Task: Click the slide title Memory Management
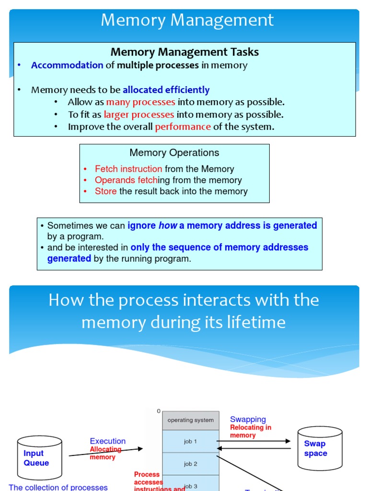pyautogui.click(x=187, y=20)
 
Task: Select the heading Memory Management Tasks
pyautogui.click(x=184, y=52)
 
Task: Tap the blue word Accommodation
pyautogui.click(x=67, y=65)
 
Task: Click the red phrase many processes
pyautogui.click(x=140, y=102)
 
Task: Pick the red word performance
pyautogui.click(x=183, y=127)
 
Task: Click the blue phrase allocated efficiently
pyautogui.click(x=166, y=90)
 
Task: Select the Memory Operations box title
pyautogui.click(x=174, y=152)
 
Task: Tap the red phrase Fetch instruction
pyautogui.click(x=128, y=169)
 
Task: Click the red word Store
pyautogui.click(x=105, y=191)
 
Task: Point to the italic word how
pyautogui.click(x=168, y=225)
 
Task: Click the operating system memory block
pyautogui.click(x=191, y=420)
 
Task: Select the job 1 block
pyautogui.click(x=191, y=441)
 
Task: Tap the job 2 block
pyautogui.click(x=191, y=464)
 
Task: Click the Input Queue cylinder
pyautogui.click(x=39, y=458)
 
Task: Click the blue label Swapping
pyautogui.click(x=248, y=420)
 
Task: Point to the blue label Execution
pyautogui.click(x=108, y=441)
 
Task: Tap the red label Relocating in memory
pyautogui.click(x=250, y=432)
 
